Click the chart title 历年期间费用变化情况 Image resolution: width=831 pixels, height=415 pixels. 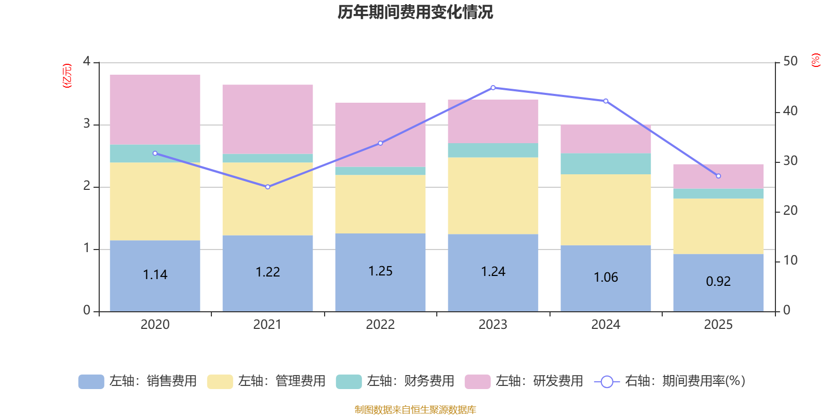coord(415,12)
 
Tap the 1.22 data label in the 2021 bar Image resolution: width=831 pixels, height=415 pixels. coord(267,272)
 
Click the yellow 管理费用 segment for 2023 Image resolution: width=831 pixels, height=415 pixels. coord(493,196)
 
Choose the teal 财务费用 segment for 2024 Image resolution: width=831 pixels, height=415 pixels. coord(606,163)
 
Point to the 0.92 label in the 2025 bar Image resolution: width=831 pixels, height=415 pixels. coord(718,281)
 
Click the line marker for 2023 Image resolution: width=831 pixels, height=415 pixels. coord(493,88)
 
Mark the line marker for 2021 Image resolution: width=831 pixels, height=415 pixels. coord(267,187)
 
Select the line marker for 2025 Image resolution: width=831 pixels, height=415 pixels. coord(718,176)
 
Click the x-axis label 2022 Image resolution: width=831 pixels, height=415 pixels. coord(380,325)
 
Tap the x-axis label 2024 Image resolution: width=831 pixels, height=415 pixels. coord(606,325)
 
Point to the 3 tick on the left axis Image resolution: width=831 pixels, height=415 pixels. coord(87,124)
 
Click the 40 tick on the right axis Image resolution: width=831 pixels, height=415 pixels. coord(790,111)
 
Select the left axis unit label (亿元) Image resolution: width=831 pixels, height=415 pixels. coord(67,76)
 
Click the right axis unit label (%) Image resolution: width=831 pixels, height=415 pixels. coord(816,60)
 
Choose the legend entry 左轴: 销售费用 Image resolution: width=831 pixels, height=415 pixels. coord(138,381)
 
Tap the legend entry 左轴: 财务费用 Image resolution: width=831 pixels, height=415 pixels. coord(395,381)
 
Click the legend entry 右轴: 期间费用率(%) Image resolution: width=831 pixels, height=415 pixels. coord(670,381)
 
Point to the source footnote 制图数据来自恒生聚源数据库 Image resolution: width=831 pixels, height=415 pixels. coord(415,410)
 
